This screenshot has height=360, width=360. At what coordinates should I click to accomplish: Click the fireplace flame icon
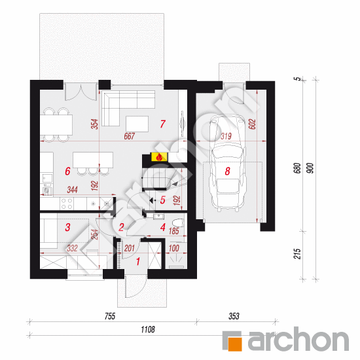(159, 157)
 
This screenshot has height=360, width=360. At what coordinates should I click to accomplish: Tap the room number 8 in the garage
(227, 171)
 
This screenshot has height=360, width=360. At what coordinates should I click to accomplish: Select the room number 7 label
(162, 124)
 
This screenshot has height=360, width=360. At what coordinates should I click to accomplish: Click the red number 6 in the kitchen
(67, 171)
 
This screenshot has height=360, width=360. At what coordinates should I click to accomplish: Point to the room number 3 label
(67, 227)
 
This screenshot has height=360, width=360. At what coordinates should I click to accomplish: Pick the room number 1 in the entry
(138, 261)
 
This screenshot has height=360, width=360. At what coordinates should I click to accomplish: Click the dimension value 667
(129, 136)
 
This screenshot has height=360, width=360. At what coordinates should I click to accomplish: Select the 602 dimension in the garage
(252, 124)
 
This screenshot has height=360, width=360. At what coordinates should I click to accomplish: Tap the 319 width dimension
(226, 136)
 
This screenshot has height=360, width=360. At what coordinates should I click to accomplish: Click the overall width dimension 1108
(148, 330)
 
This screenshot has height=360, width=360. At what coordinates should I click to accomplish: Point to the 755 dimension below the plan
(110, 316)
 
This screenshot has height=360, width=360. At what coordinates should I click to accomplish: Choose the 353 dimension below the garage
(234, 316)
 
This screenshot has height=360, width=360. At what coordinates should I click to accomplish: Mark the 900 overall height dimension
(310, 168)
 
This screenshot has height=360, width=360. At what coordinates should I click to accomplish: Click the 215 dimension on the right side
(297, 254)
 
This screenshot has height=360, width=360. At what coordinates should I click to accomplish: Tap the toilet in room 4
(178, 223)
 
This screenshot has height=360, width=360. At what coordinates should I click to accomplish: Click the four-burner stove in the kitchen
(67, 204)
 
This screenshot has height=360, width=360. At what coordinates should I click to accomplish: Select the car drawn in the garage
(228, 162)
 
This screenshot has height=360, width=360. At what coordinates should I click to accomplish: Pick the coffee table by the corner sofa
(137, 124)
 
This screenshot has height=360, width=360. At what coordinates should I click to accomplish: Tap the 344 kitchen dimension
(72, 190)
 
